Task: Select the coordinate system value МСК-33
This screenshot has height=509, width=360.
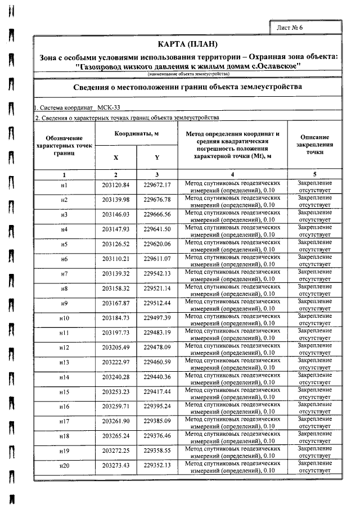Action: [x=109, y=107]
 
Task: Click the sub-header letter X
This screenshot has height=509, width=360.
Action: [x=116, y=157]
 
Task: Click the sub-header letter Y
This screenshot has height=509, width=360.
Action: [x=157, y=157]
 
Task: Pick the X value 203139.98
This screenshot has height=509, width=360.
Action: [x=116, y=200]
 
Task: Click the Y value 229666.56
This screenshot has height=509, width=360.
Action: [x=157, y=215]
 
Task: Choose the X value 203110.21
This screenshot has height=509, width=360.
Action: [x=116, y=259]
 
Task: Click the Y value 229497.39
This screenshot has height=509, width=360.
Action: [x=157, y=318]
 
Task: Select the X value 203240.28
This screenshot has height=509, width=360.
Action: [x=116, y=377]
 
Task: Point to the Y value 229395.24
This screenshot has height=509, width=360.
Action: [x=157, y=406]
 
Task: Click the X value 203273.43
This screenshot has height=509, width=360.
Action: [x=116, y=465]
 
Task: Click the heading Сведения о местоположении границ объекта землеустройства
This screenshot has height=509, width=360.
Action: [x=187, y=87]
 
